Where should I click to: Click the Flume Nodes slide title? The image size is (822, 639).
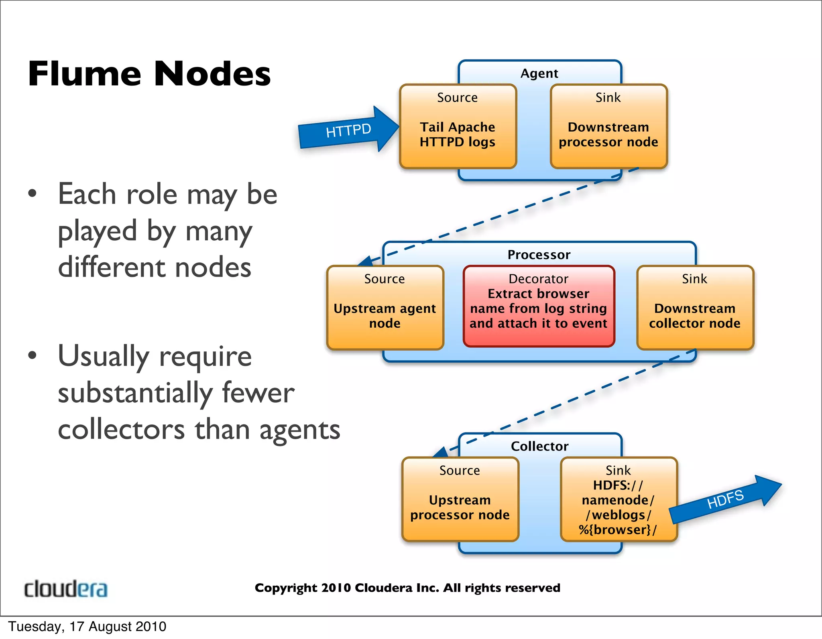pos(149,74)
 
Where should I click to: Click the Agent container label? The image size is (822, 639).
pos(539,73)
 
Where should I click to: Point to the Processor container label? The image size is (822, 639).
pos(539,255)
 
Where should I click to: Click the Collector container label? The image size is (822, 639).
pos(539,446)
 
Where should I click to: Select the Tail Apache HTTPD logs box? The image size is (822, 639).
pos(458,126)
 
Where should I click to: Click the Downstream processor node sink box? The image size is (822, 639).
pos(608,126)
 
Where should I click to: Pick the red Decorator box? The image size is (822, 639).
pos(539,306)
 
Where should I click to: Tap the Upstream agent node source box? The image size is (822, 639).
pos(385,308)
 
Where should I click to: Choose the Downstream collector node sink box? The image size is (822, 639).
pos(695,308)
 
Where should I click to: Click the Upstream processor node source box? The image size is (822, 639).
pos(460,499)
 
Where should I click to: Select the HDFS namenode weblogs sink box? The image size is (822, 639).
pos(619,499)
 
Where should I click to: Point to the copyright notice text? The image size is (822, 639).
pos(407,588)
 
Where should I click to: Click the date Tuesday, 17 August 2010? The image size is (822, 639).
pos(87,627)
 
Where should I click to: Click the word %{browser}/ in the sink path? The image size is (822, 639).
pos(618,530)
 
